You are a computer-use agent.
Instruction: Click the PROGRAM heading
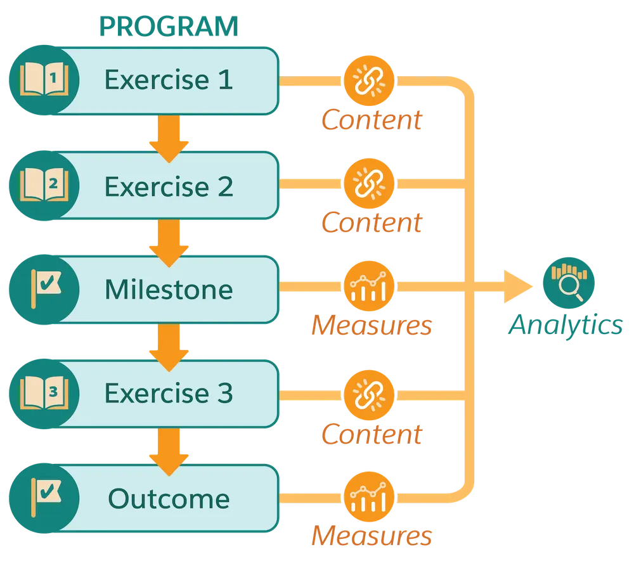(x=169, y=27)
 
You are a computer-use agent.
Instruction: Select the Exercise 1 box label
(x=169, y=80)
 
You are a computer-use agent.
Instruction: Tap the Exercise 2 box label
(x=169, y=186)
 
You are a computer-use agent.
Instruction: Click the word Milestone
(x=169, y=290)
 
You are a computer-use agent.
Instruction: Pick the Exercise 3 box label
(x=169, y=394)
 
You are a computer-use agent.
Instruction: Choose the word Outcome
(x=169, y=499)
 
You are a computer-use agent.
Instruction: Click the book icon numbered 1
(x=44, y=81)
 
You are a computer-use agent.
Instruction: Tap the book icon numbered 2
(x=44, y=186)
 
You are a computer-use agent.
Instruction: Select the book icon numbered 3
(x=44, y=394)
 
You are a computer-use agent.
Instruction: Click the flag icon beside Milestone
(x=44, y=290)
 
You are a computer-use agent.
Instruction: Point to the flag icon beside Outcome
(x=44, y=498)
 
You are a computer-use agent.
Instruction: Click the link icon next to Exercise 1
(x=369, y=81)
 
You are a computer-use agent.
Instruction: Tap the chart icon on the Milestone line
(x=369, y=288)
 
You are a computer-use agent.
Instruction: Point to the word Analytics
(x=566, y=325)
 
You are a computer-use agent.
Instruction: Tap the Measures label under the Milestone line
(x=371, y=326)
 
